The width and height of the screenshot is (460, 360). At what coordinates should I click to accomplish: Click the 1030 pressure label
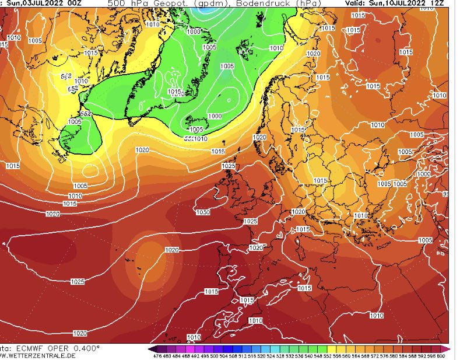[203, 212]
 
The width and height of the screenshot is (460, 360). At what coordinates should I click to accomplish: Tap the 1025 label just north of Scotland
[229, 167]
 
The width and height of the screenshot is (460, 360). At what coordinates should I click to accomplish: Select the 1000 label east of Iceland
[215, 116]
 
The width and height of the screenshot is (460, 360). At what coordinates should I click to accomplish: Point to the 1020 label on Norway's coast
[260, 137]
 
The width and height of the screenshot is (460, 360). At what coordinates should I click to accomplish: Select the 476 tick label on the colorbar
[157, 355]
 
